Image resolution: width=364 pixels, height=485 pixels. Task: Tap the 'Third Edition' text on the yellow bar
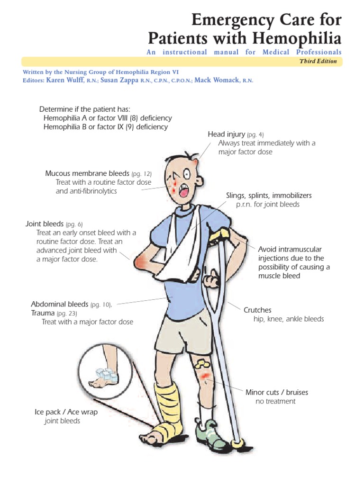tap(318, 62)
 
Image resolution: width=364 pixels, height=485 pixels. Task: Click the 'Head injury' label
tap(227, 135)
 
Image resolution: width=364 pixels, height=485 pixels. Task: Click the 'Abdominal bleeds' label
tap(60, 304)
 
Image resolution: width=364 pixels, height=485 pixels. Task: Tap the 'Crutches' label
tap(257, 310)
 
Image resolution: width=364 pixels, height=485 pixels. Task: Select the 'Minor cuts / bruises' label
tap(277, 392)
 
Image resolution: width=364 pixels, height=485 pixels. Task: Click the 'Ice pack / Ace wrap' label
tap(66, 412)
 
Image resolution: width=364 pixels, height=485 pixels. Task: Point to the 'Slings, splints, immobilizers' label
tap(269, 196)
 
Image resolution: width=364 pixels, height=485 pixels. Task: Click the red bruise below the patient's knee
tap(205, 377)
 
